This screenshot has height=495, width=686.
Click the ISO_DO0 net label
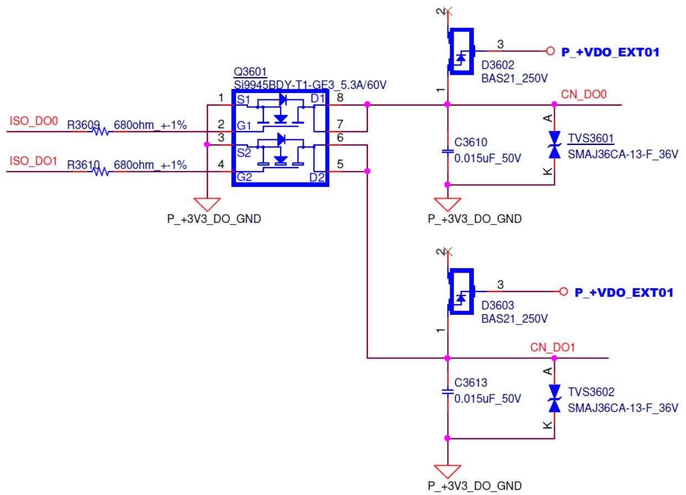point(34,121)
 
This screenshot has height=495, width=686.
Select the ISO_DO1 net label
point(34,161)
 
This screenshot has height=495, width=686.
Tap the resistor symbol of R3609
point(100,132)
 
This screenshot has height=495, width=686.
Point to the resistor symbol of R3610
point(100,172)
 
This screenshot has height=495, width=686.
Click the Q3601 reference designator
point(250,72)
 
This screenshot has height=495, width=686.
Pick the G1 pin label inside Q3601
point(244,126)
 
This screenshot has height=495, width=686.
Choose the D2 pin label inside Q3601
point(317,178)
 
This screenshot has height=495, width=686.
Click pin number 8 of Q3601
point(340,98)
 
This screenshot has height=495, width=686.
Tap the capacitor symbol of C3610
point(448,151)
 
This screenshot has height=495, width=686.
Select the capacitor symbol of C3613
point(448,392)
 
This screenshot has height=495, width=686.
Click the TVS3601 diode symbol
point(555,145)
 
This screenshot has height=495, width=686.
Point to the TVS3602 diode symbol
point(555,398)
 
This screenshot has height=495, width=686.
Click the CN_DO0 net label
point(584,94)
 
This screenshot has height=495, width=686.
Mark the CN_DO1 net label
point(553,347)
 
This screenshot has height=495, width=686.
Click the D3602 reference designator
point(498,65)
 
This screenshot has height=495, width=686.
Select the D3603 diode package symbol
point(461,291)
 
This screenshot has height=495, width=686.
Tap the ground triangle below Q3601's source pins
point(207,204)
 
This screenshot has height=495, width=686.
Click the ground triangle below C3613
point(448,471)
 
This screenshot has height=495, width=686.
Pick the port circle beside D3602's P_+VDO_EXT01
point(550,51)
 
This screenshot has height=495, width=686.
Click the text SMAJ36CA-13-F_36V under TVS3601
point(623,154)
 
